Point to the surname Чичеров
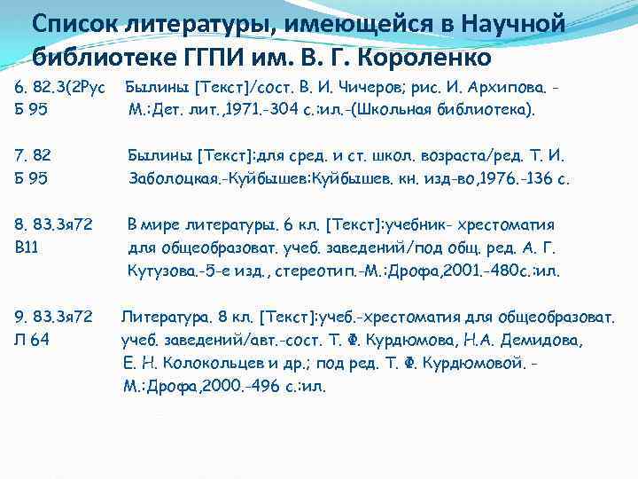click(364, 90)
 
